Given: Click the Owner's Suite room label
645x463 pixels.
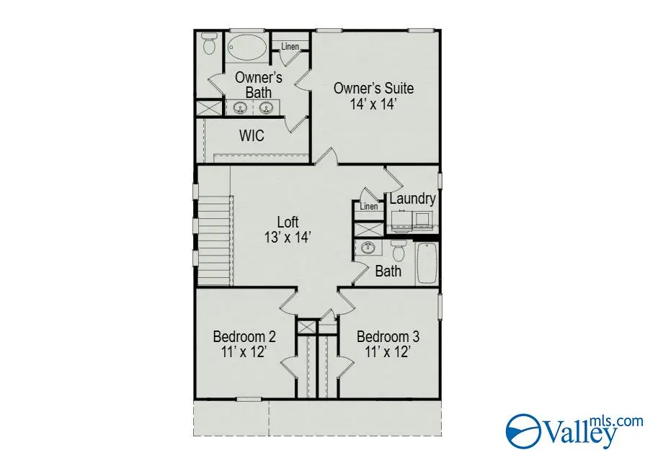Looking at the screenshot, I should point(373,89).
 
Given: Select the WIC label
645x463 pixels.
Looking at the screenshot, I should point(252,135).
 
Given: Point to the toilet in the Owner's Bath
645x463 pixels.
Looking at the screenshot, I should point(210,45).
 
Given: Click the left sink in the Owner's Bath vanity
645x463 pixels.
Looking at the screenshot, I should point(240,109).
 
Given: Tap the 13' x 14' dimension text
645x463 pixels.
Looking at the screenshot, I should point(288,237).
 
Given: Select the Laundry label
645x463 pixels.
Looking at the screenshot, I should point(412,199).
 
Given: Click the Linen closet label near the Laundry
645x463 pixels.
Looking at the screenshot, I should point(369,207).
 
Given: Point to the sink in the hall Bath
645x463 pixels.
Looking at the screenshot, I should point(369,249).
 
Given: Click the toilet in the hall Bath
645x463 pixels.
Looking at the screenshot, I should point(398,251).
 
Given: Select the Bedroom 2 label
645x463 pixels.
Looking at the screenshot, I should point(244,336).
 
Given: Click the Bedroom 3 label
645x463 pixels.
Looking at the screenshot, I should point(388,336).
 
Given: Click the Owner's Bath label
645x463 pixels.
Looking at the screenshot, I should point(259,85).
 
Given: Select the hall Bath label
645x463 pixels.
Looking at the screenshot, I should point(388,271).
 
